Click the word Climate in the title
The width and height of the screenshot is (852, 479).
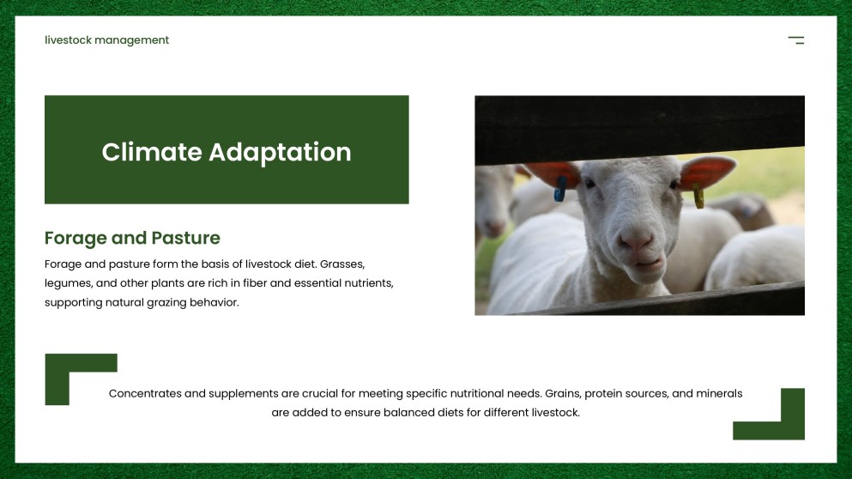[x=151, y=152]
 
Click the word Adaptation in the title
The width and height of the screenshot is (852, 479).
[x=280, y=152]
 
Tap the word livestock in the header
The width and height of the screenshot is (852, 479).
[x=68, y=40]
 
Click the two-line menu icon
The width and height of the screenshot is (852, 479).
[x=796, y=40]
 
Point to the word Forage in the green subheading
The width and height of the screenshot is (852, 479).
[x=75, y=238]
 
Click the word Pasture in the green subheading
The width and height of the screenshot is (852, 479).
[x=186, y=238]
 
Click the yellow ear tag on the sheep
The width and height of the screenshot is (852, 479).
[x=698, y=197]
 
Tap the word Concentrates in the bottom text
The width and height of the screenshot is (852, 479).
[x=145, y=393]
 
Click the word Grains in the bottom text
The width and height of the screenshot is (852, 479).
[x=563, y=393]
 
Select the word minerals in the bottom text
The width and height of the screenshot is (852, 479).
[x=719, y=393]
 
